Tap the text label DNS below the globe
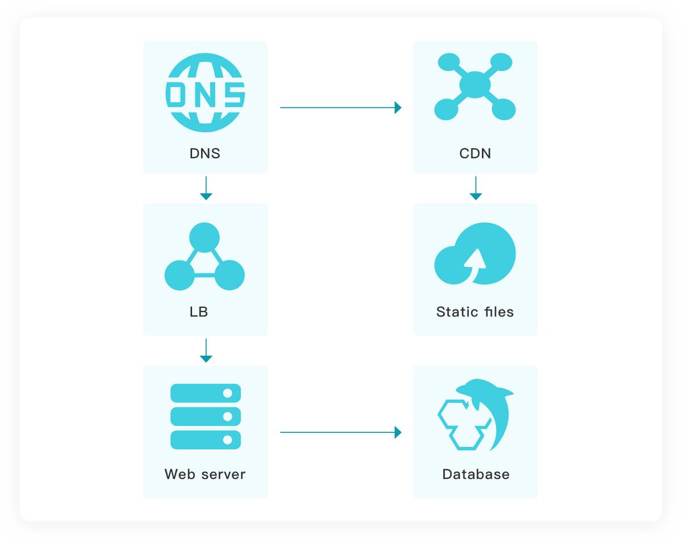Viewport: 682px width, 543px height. (205, 153)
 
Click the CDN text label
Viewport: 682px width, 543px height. (475, 153)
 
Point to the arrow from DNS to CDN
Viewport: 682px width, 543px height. (340, 107)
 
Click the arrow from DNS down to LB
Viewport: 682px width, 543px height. (206, 188)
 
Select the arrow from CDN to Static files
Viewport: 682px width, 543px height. (476, 188)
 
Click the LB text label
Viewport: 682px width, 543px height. (199, 312)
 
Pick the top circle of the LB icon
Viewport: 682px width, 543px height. (204, 237)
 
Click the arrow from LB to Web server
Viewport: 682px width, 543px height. (206, 350)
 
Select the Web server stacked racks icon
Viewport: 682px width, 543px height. (206, 416)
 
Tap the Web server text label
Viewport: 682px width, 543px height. (205, 474)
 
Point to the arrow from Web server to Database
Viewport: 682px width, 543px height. (340, 432)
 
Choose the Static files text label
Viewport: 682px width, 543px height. (475, 312)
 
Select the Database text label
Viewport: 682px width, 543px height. (476, 474)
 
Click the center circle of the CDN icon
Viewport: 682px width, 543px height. (475, 85)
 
